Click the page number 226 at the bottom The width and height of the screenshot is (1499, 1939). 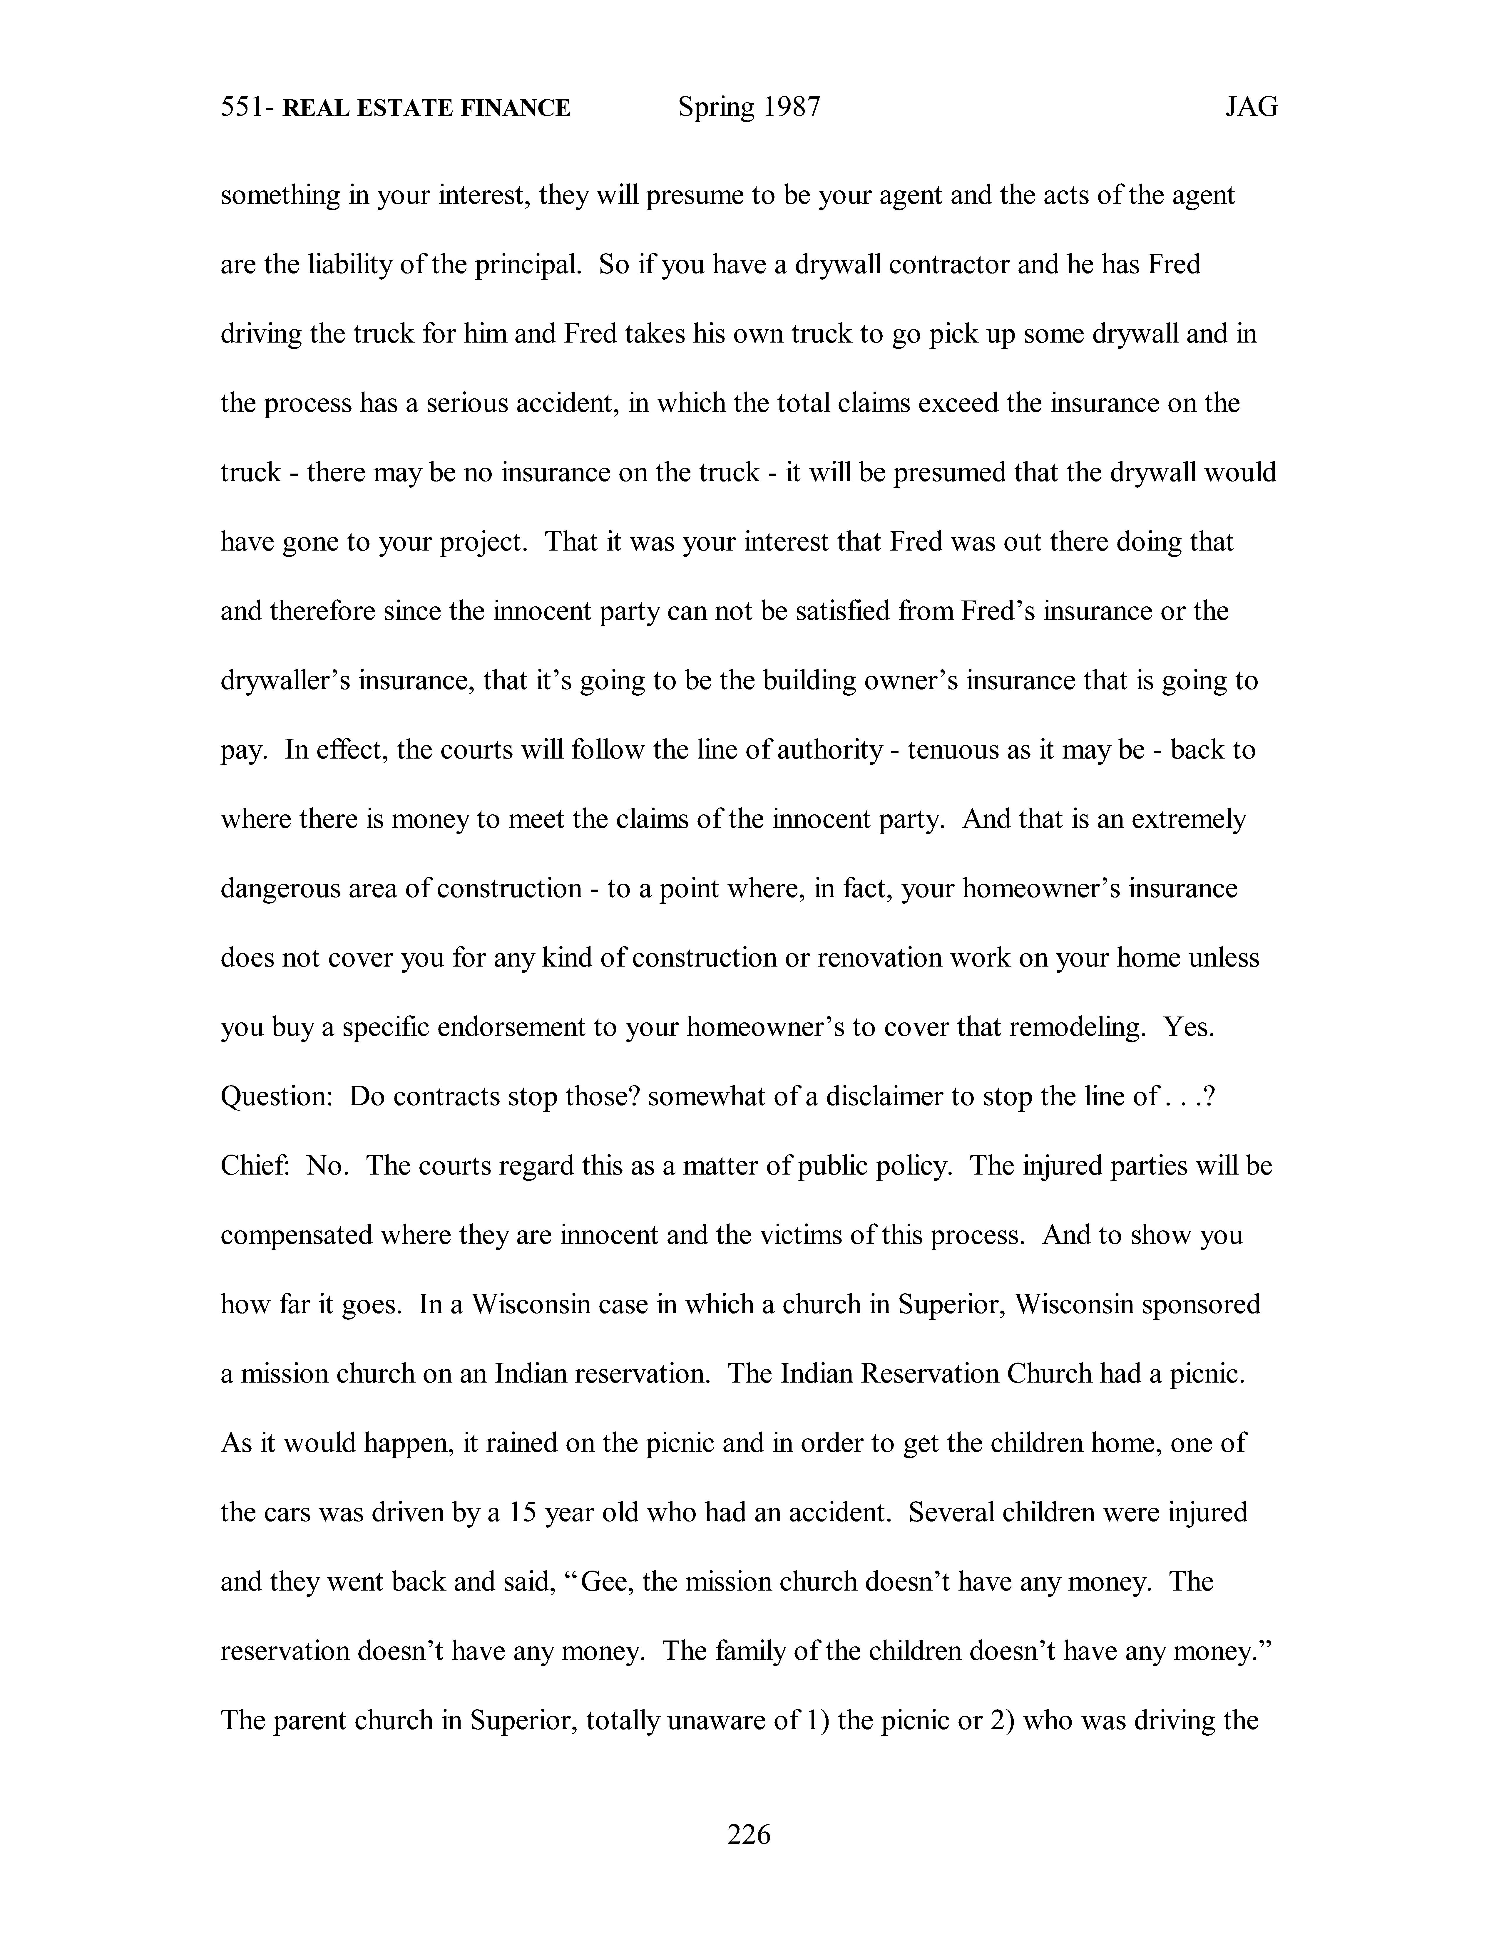[x=749, y=1833]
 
